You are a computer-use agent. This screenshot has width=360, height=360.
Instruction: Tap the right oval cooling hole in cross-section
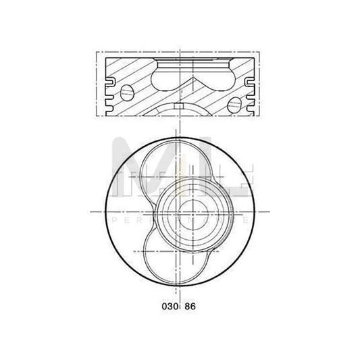pos(234,104)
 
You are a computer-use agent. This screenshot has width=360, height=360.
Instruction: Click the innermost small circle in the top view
pos(187,210)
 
